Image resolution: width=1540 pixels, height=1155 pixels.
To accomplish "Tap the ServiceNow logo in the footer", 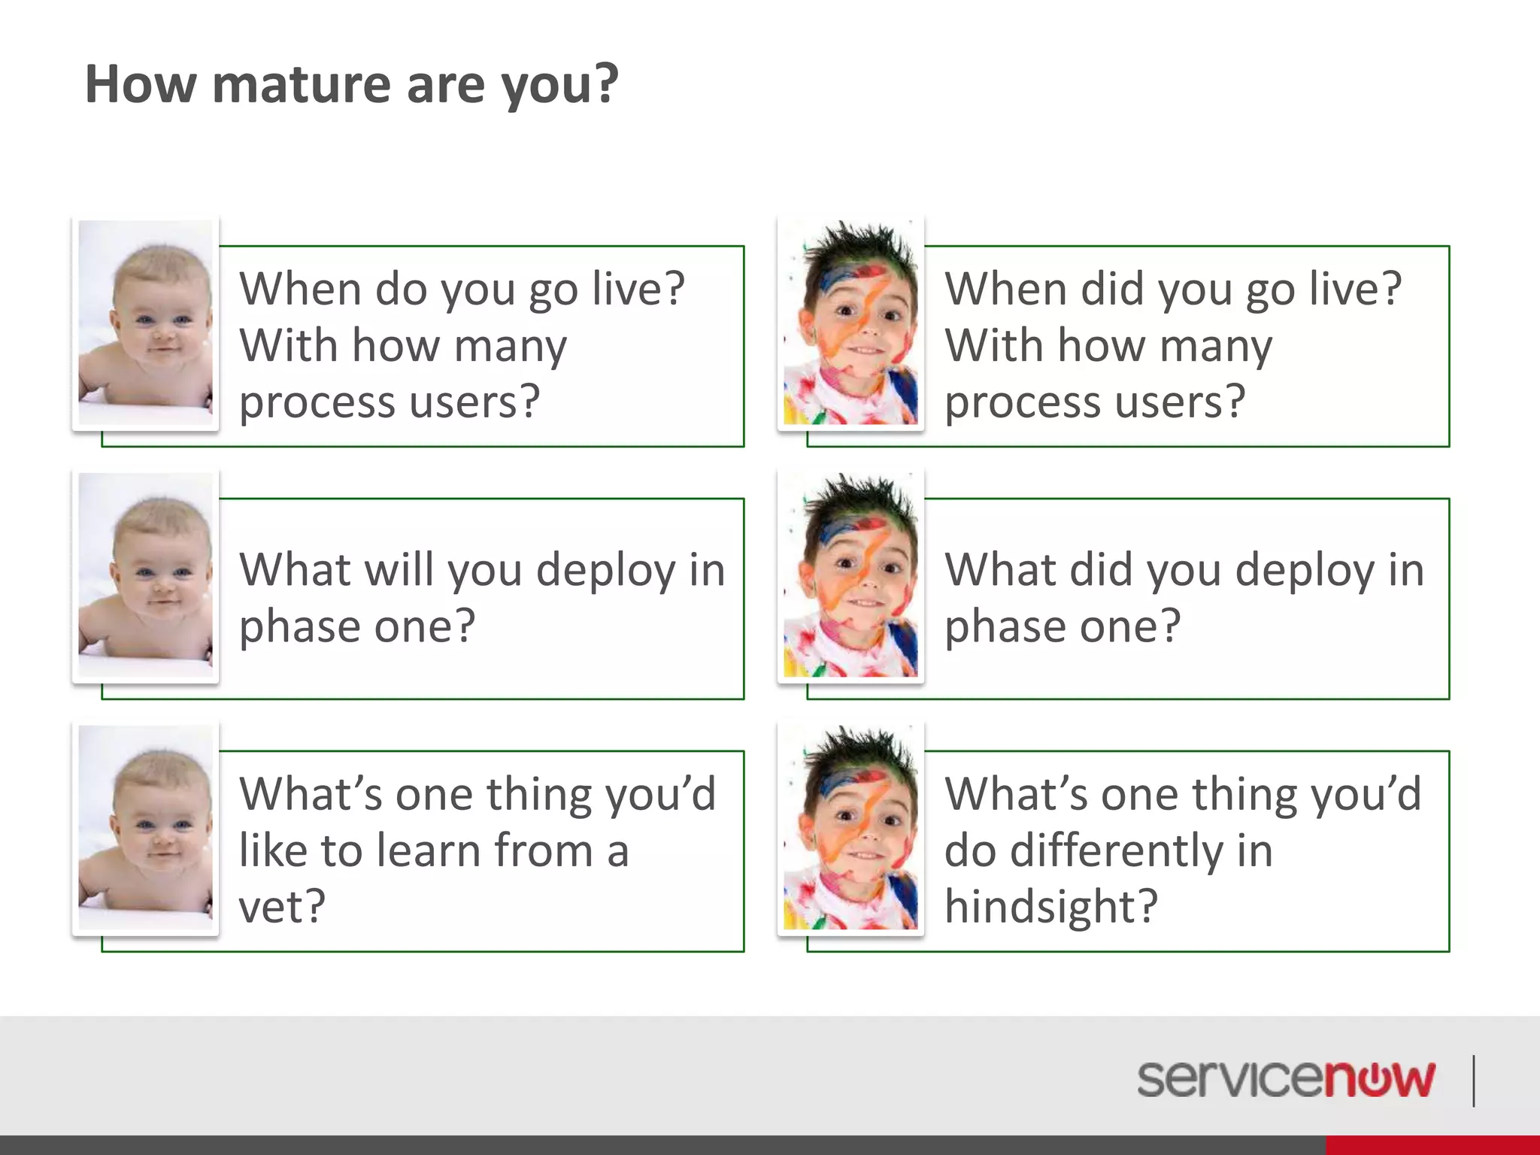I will coord(1285,1080).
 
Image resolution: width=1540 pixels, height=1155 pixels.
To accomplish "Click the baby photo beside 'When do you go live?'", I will coord(146,323).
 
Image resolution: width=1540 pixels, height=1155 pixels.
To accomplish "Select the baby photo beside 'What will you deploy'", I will coord(146,576).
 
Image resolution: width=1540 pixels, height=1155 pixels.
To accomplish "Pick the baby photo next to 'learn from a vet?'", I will coord(146,829).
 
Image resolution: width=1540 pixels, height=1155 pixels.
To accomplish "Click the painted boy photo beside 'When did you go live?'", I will coord(851,323).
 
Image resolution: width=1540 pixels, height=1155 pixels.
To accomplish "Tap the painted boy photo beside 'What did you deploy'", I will coord(851,576).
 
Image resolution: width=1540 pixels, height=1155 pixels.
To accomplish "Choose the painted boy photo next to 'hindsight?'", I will coord(851,829).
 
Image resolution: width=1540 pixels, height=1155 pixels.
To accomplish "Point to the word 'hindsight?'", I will coord(1051,907).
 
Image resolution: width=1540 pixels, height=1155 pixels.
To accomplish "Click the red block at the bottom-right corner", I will coord(1432,1145).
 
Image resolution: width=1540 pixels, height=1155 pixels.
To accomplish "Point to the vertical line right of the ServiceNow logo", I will coord(1474,1081).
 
